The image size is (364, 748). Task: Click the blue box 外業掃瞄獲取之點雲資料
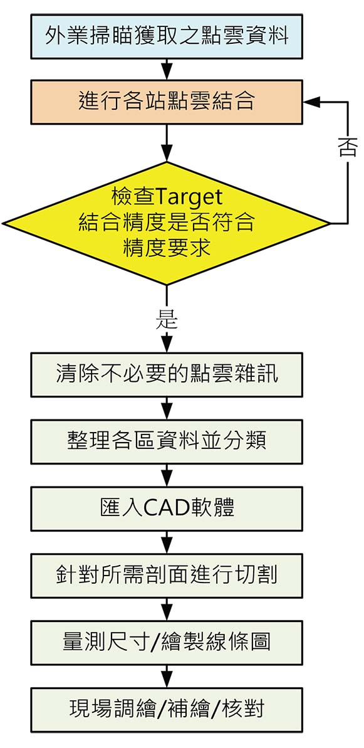coord(167,37)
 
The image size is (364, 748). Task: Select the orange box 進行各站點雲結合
coord(167,102)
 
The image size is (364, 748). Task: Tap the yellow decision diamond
coord(166,223)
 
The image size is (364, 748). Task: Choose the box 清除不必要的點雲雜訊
coord(167,375)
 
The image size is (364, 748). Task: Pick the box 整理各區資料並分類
coord(167,442)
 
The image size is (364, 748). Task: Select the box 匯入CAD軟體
coord(167,508)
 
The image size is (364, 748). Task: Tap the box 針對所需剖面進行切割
coord(167,576)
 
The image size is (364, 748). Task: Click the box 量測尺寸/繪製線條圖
coord(167,643)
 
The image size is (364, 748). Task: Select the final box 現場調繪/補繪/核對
coord(167,710)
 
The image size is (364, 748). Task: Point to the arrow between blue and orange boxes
coord(166,70)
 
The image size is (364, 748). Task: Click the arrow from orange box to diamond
coord(166,143)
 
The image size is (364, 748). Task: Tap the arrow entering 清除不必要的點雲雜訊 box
coord(166,342)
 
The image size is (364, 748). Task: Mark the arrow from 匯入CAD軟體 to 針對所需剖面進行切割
coord(166,542)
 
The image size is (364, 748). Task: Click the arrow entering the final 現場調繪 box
coord(166,677)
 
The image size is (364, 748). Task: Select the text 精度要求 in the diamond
coord(167,248)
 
